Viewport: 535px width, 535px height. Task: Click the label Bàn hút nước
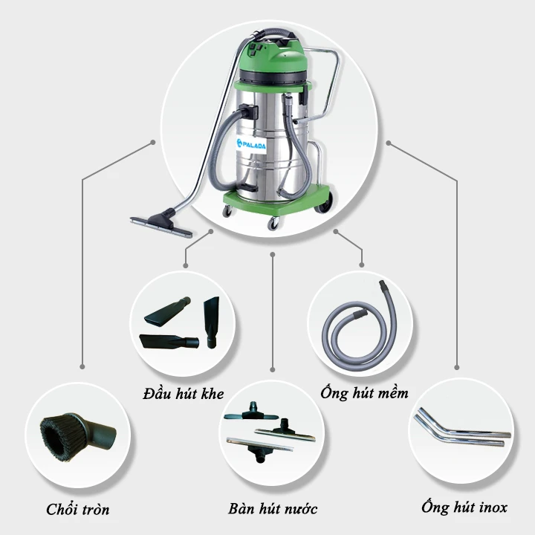point(273,509)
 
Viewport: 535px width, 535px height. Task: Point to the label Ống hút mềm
point(363,392)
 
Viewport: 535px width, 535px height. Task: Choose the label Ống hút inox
point(464,508)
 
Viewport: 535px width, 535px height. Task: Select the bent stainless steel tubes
point(461,432)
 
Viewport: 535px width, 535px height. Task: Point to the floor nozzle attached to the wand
point(159,223)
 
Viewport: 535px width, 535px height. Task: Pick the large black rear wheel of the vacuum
point(324,204)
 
